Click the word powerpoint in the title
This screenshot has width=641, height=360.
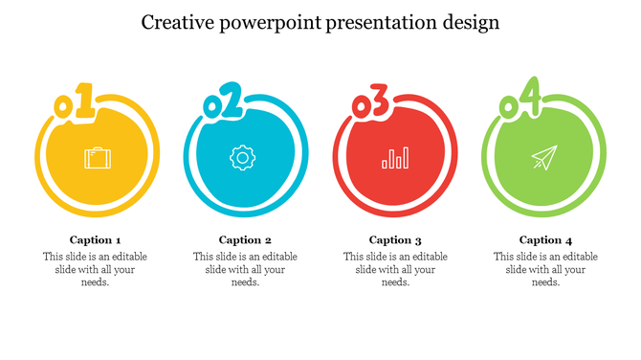274,23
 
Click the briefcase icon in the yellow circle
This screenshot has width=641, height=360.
96,158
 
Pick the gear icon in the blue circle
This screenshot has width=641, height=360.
242,158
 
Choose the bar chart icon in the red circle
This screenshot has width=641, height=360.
395,158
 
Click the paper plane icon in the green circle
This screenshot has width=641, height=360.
543,158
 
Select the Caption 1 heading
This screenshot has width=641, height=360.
96,240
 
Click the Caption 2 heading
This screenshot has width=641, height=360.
246,240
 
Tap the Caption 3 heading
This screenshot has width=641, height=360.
395,240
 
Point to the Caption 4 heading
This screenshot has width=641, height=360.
545,240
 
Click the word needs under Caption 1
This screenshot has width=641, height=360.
94,282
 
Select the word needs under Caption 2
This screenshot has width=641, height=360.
244,282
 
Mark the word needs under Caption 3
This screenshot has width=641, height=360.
394,282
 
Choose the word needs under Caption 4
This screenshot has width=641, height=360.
544,282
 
